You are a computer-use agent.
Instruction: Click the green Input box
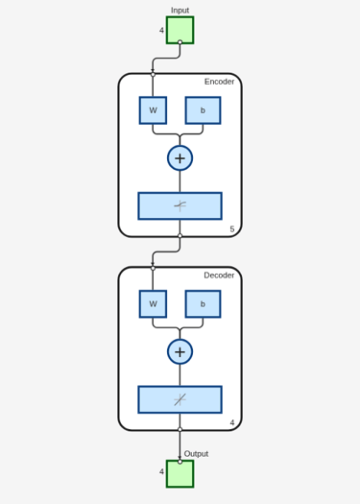180,30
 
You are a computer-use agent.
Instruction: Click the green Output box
180,474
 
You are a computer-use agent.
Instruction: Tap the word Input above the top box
180,11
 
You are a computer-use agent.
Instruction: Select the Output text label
196,453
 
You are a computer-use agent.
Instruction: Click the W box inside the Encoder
153,110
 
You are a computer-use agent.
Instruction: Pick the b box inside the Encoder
203,110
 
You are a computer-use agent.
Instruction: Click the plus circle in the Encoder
180,158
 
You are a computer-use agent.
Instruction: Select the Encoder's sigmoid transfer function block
180,206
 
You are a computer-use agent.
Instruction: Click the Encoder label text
219,82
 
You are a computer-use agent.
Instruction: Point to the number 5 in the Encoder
232,228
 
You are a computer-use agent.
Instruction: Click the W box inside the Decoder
153,303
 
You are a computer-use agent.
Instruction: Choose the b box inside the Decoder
203,303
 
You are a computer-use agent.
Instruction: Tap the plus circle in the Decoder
180,351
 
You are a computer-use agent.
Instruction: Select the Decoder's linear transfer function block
180,399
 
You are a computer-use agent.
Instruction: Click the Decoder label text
219,276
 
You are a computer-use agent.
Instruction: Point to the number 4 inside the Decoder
232,422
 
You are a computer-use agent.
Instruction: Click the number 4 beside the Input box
161,30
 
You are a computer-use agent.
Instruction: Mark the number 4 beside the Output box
161,471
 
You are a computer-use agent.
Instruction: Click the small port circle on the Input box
180,42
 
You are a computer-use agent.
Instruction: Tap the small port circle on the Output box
180,462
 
